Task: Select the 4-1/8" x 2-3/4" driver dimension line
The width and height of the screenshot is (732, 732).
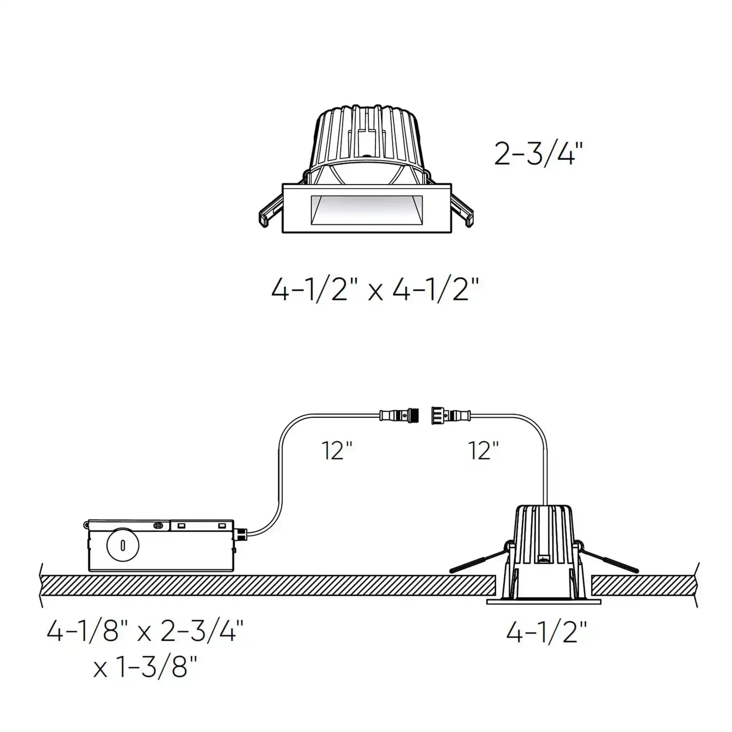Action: [145, 631]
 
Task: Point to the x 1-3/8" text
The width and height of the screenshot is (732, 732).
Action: [145, 667]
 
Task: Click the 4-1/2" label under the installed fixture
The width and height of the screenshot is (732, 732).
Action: [546, 633]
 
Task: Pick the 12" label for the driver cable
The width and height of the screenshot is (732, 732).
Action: [337, 450]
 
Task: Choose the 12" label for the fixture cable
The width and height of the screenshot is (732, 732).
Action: [483, 450]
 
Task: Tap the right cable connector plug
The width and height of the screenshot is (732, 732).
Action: [450, 416]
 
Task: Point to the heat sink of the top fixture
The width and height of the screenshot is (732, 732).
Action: [366, 137]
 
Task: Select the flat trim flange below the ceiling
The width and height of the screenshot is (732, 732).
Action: [544, 602]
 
